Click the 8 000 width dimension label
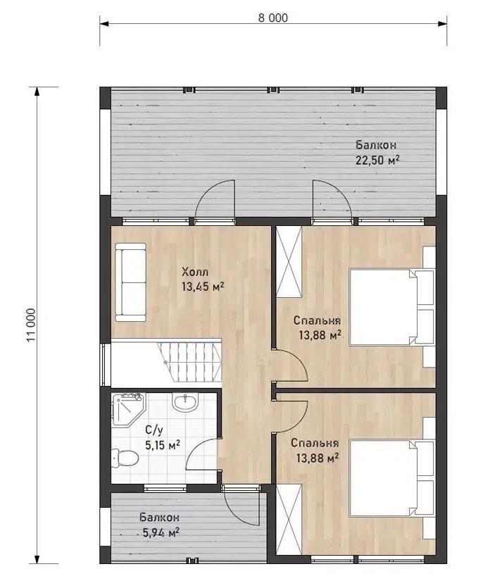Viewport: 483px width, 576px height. point(273,18)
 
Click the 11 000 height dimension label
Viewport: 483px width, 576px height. point(31,325)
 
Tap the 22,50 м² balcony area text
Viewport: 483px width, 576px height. point(377,161)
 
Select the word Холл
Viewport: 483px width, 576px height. point(195,273)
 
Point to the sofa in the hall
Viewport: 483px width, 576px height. point(130,282)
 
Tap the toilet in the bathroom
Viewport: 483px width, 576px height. point(125,457)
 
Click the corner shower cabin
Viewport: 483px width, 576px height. point(128,410)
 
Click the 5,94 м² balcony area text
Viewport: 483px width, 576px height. point(161,532)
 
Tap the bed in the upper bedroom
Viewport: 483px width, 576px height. point(391,307)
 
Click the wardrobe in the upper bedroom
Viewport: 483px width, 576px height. point(289,261)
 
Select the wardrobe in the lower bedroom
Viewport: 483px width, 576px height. point(289,519)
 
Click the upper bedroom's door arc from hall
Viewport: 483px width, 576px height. point(299,358)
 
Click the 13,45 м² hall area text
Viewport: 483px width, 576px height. point(203,287)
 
